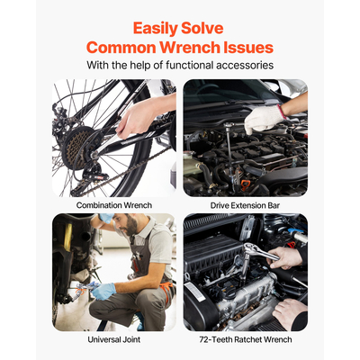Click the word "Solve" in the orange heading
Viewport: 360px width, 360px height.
click(x=202, y=29)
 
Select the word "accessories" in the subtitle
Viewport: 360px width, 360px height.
click(x=244, y=65)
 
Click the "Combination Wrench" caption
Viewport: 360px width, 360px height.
click(x=114, y=205)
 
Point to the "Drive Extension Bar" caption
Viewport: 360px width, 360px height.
click(x=245, y=205)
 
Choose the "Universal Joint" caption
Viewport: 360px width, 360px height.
click(x=114, y=339)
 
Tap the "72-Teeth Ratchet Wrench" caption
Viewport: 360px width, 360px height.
click(x=246, y=339)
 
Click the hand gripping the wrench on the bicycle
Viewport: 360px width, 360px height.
click(x=135, y=119)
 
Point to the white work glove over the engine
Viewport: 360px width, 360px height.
click(x=264, y=119)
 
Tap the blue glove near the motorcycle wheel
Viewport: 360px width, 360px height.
click(x=103, y=291)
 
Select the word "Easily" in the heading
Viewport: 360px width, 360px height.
click(x=156, y=30)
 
